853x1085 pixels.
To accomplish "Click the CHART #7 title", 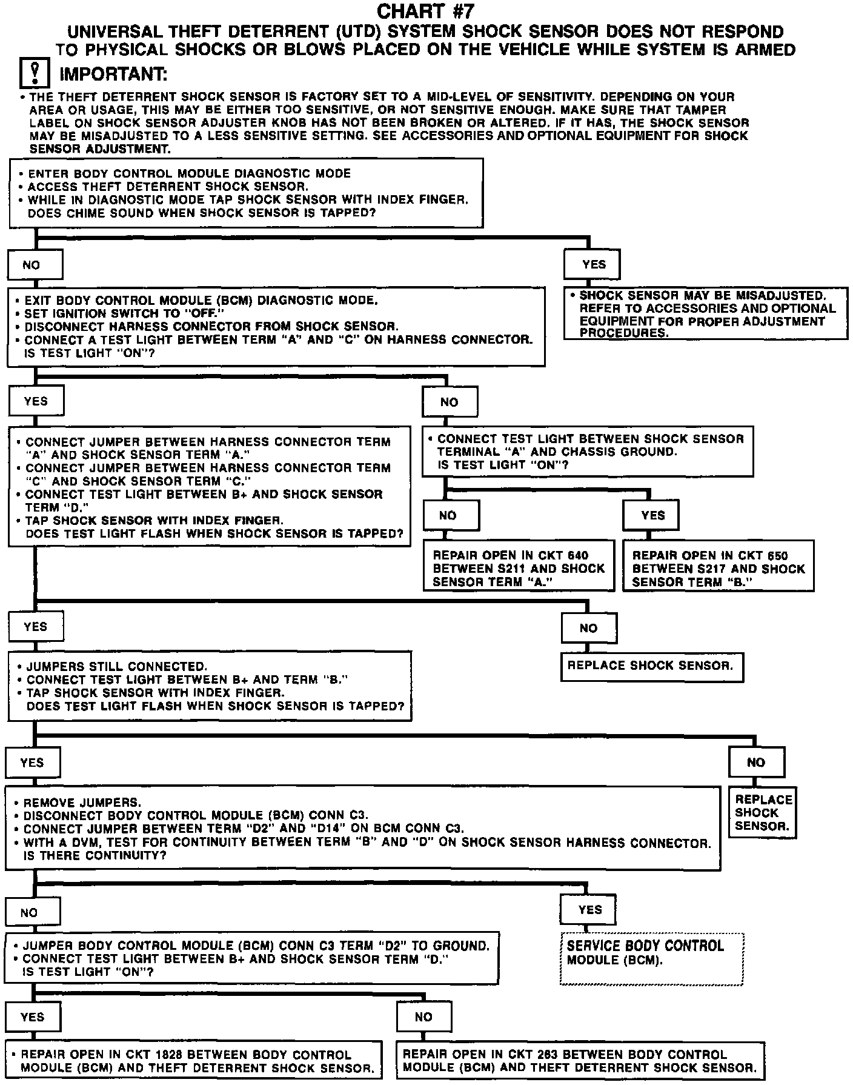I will pos(425,11).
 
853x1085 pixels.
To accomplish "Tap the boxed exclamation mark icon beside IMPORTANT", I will pos(35,74).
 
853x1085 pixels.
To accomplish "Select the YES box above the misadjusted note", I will pos(593,264).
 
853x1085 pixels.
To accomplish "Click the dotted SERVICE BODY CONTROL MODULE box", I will pos(651,957).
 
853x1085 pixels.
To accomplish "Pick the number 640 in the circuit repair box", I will pos(578,555).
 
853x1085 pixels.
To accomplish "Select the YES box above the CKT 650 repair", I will pos(652,515).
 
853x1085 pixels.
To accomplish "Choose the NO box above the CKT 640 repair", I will pos(448,515).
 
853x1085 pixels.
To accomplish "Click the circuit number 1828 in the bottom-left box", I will pos(153,1055).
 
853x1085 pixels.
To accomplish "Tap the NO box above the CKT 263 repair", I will pos(423,1017).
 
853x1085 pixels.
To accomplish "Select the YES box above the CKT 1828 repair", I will pos(33,1017).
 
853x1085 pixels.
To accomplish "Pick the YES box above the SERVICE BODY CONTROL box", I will pos(589,909).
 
